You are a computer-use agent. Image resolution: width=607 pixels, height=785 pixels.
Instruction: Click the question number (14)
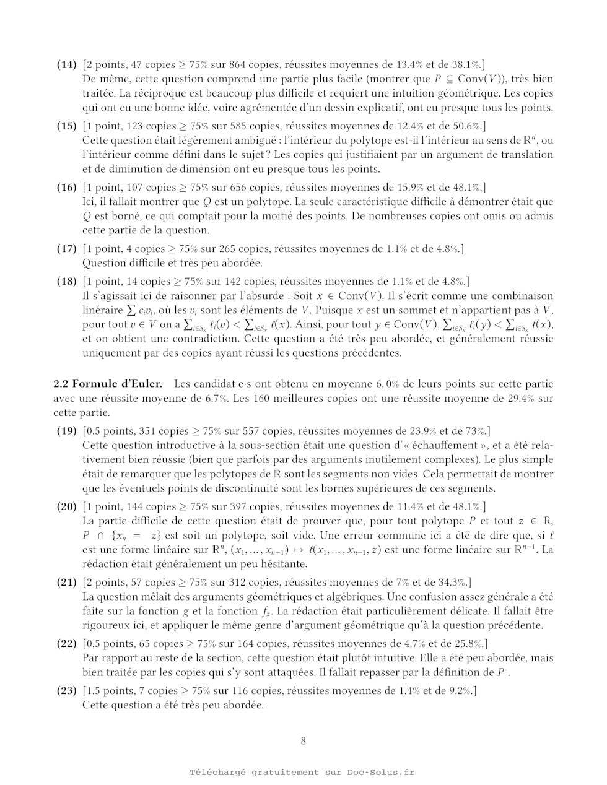67,64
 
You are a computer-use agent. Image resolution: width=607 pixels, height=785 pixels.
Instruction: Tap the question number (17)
67,249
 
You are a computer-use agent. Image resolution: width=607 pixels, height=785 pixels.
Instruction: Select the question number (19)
67,432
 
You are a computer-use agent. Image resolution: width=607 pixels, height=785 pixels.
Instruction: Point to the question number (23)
67,691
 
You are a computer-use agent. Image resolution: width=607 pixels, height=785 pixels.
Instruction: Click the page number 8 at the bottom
303,741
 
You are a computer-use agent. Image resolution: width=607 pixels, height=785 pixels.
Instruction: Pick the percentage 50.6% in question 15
465,126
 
